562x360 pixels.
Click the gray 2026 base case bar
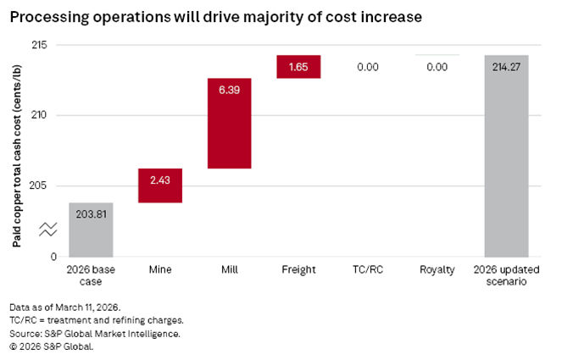(x=91, y=229)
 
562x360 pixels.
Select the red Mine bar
(x=160, y=186)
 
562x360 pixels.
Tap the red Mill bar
(x=229, y=123)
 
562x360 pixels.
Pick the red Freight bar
(x=298, y=67)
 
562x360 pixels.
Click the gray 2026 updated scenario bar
(x=506, y=156)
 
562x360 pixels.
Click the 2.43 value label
(x=160, y=180)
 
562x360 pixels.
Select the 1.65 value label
(x=298, y=67)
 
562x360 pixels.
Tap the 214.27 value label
(x=506, y=67)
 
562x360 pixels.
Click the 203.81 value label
(x=91, y=214)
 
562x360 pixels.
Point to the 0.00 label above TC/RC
(x=368, y=67)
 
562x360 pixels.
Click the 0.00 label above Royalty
(x=437, y=67)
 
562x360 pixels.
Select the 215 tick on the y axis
(x=41, y=44)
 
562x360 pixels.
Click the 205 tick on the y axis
(x=41, y=186)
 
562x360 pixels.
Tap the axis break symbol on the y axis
(x=47, y=229)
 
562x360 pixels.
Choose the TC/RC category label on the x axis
(x=368, y=270)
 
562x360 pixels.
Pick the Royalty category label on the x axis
(x=437, y=270)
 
